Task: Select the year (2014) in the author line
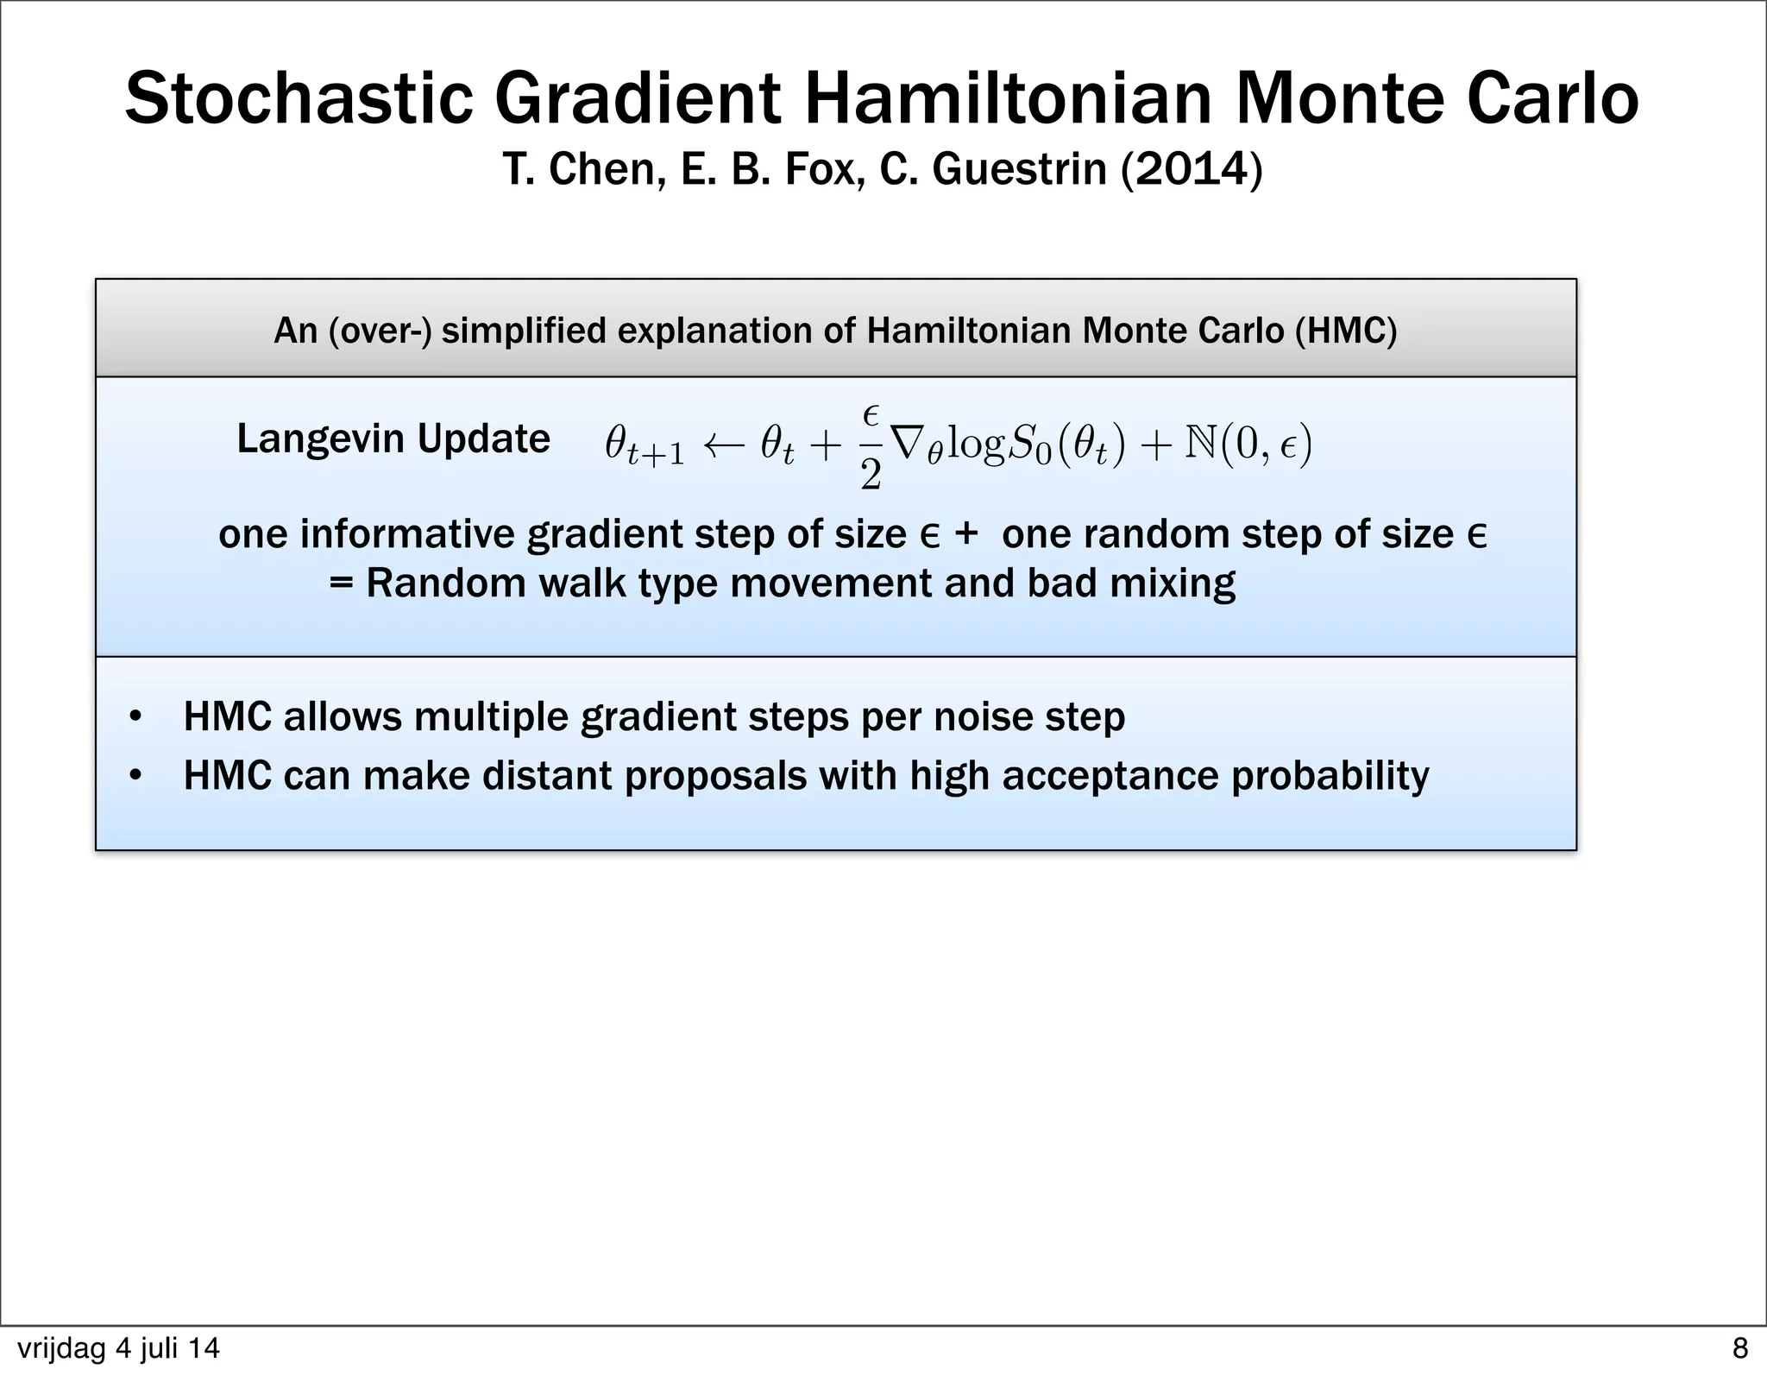(1192, 168)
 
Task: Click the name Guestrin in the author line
(1019, 168)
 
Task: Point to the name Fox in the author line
(825, 168)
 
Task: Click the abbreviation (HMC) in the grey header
(1345, 331)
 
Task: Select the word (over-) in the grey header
(380, 331)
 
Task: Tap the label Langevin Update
(393, 438)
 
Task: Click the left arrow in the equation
(723, 446)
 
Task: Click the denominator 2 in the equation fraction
(871, 475)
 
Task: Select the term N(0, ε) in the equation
(1248, 445)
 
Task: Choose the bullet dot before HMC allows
(135, 717)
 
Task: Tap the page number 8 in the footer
(1739, 1348)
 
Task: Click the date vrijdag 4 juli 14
(118, 1348)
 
